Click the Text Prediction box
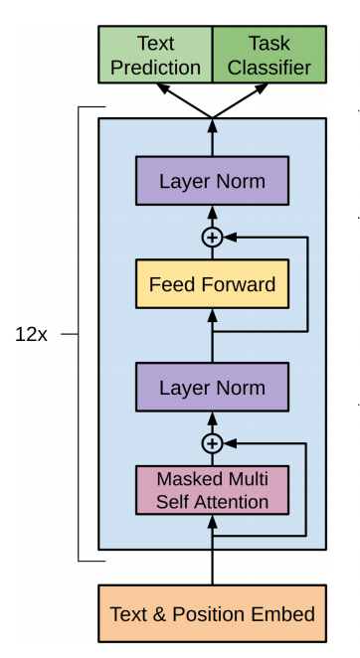coord(155,55)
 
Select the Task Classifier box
coord(270,55)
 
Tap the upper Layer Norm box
coord(212,181)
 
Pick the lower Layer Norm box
coord(212,387)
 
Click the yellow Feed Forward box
coord(212,284)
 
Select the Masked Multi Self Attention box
coord(212,490)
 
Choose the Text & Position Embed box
coord(212,613)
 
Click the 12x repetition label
coord(31,334)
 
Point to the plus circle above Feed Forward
coord(212,238)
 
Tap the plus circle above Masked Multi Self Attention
coord(212,443)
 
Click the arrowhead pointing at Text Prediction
coord(163,88)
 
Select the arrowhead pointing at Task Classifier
coord(262,88)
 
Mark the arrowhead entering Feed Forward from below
coord(212,315)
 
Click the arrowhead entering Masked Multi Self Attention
coord(212,522)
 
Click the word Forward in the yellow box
coord(239,284)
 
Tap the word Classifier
coord(270,68)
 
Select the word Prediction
coord(155,68)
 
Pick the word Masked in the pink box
coord(183,479)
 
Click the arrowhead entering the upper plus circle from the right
coord(230,238)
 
